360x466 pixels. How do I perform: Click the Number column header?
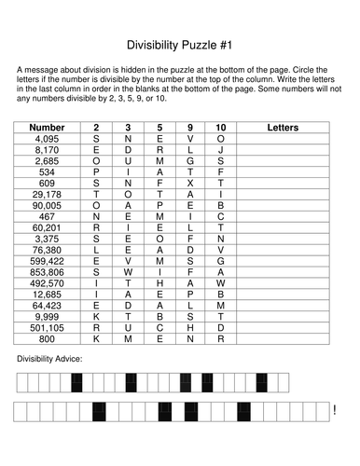47,127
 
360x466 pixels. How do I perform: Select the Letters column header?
288,127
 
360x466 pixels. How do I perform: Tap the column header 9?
190,127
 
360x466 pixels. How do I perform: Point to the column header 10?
220,127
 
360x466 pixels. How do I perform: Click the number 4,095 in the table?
47,138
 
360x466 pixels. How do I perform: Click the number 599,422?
47,261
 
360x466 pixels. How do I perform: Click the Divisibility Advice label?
48,359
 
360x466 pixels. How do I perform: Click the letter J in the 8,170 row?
220,149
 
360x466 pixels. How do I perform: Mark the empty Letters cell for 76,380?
288,250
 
